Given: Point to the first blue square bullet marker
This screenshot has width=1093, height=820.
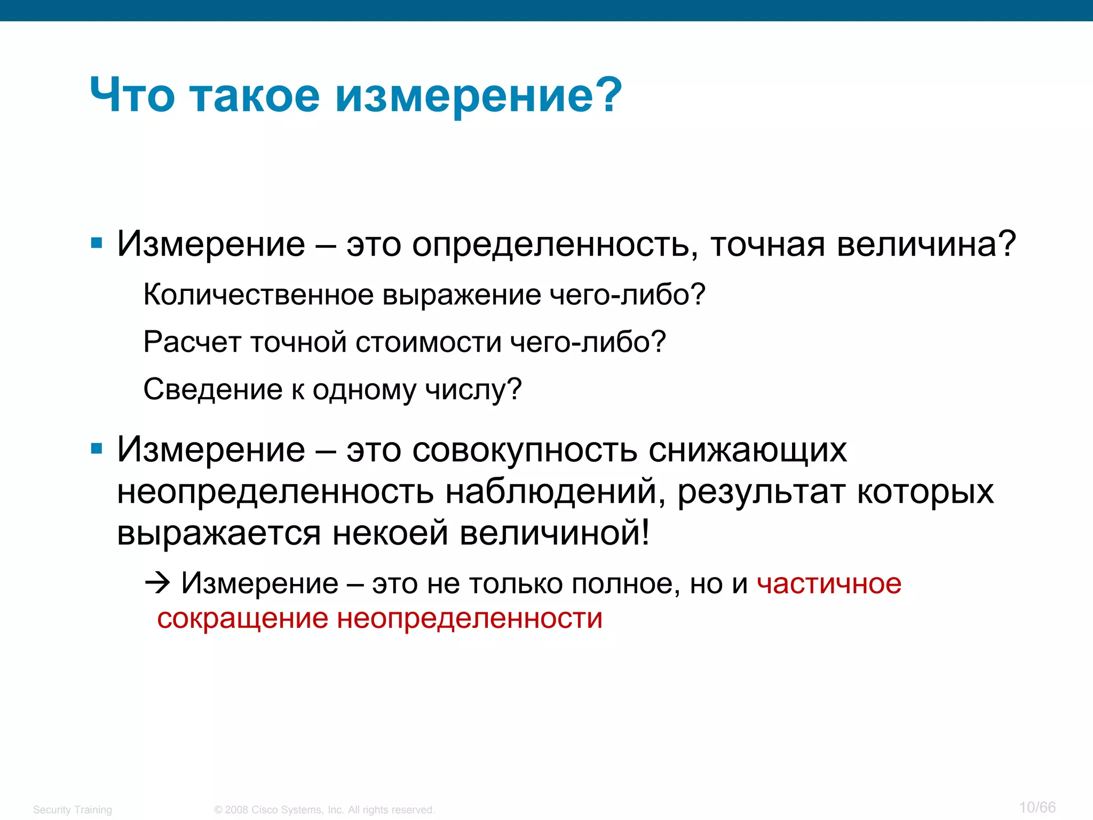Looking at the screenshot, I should pyautogui.click(x=97, y=244).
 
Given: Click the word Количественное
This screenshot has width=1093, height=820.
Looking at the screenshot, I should pyautogui.click(x=258, y=295).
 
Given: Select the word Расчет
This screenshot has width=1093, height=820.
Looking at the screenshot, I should pyautogui.click(x=192, y=342).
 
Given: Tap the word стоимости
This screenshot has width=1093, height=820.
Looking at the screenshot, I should pyautogui.click(x=428, y=342).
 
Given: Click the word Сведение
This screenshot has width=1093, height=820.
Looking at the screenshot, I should pyautogui.click(x=212, y=389).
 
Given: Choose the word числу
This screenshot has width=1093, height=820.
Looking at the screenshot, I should pyautogui.click(x=473, y=390).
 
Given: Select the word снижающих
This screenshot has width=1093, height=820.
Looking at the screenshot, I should pyautogui.click(x=747, y=450).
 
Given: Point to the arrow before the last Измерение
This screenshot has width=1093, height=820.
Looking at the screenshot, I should pyautogui.click(x=157, y=583).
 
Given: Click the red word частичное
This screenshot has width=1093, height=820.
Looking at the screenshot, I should pyautogui.click(x=829, y=584).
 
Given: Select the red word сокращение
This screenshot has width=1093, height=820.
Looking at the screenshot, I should pyautogui.click(x=242, y=619).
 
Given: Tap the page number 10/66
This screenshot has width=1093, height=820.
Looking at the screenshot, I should pyautogui.click(x=1037, y=807).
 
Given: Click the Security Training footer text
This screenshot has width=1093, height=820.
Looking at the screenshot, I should pyautogui.click(x=73, y=810).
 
